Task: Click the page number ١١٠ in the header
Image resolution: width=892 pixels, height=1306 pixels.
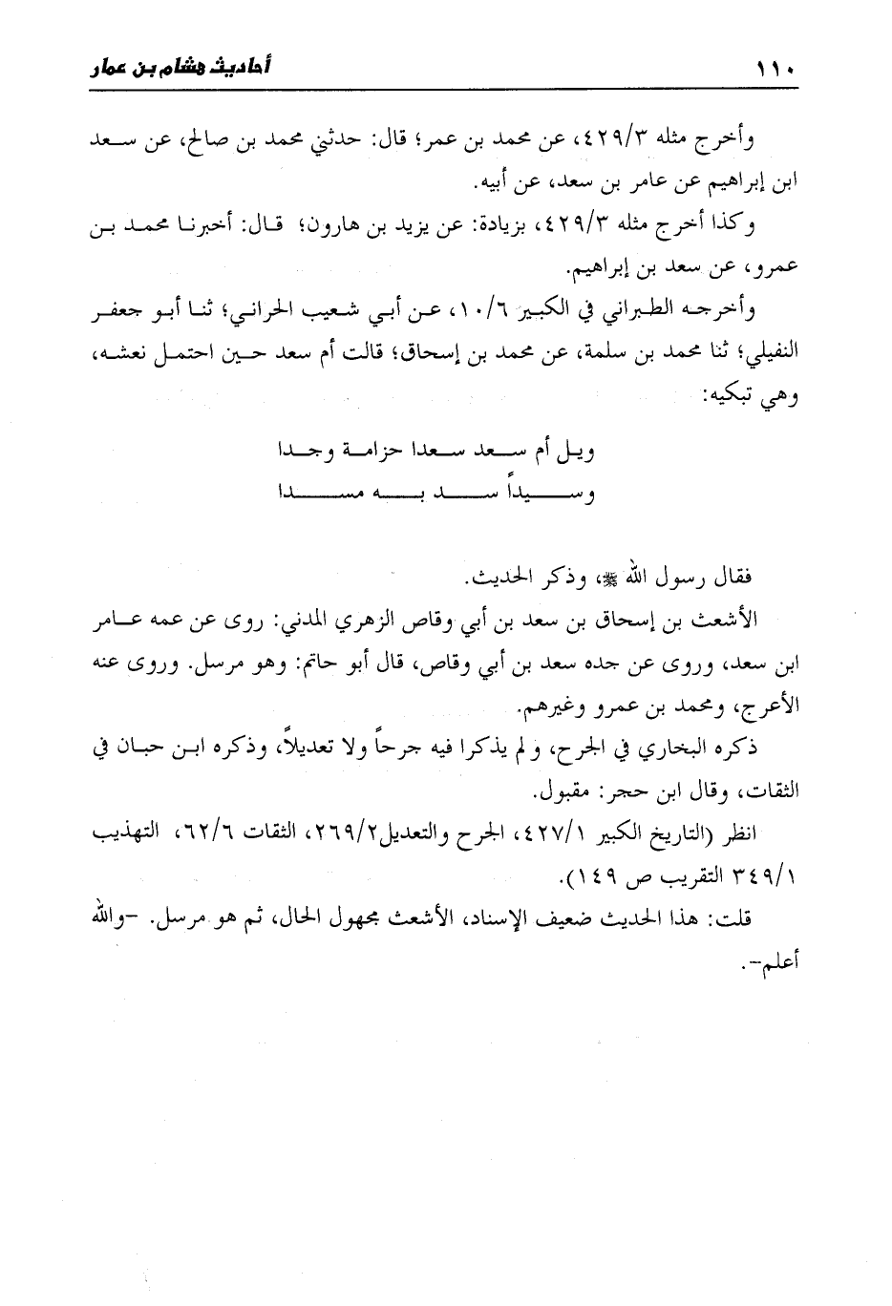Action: point(775,70)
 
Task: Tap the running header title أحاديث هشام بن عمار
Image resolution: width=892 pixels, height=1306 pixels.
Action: point(180,69)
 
